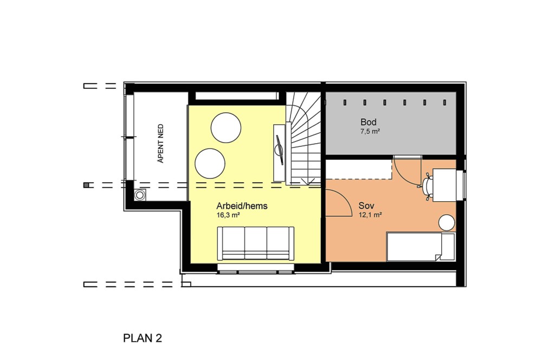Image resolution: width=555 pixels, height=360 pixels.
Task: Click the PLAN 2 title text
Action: click(143, 338)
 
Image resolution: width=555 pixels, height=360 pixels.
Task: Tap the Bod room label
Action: click(368, 122)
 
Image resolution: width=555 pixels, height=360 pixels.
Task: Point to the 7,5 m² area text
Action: click(370, 131)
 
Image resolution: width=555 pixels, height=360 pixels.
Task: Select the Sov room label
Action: click(366, 205)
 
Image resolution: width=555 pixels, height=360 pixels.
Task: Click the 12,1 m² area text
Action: click(370, 215)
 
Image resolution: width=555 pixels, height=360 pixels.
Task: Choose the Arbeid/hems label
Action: click(242, 206)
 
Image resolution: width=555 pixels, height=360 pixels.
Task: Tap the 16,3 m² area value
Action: click(228, 215)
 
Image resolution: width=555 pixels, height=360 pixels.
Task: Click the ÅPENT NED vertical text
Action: click(160, 143)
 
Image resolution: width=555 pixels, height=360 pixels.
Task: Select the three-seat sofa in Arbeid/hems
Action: click(256, 243)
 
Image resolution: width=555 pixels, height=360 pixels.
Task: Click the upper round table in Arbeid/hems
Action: click(226, 127)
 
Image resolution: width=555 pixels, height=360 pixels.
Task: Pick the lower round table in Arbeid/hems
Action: click(210, 164)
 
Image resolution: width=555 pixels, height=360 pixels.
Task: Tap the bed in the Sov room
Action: click(421, 247)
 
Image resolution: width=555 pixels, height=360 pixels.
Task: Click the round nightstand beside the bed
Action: click(447, 223)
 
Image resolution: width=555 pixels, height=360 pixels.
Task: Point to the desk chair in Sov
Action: click(428, 185)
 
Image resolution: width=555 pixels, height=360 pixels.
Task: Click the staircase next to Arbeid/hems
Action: click(304, 138)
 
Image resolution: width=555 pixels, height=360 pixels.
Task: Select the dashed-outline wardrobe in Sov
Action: click(359, 169)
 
